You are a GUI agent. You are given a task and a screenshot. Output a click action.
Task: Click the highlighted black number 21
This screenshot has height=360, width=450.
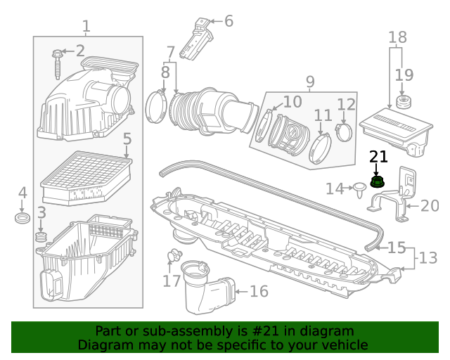[378, 157]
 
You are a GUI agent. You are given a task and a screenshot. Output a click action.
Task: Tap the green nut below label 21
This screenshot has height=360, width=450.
[377, 183]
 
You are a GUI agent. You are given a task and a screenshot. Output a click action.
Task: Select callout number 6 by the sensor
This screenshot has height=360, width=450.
[228, 21]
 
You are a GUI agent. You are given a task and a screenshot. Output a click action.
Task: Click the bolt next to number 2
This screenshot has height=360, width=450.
[56, 63]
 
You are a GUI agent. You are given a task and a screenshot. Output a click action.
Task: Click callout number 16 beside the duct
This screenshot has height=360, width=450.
[259, 290]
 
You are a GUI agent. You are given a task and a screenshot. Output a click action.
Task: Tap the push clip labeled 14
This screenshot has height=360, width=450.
[360, 187]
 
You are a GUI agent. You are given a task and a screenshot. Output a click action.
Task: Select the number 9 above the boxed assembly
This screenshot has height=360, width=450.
[310, 83]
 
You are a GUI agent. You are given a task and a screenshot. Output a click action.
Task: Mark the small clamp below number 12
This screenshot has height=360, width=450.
[345, 131]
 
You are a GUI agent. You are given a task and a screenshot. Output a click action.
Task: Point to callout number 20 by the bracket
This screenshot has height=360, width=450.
[429, 206]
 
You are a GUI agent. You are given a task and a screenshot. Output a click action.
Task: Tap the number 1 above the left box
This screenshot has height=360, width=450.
[86, 27]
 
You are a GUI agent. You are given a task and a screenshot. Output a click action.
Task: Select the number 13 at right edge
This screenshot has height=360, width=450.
[427, 258]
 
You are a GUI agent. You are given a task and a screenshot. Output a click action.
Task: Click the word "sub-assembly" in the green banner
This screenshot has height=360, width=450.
[169, 331]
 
